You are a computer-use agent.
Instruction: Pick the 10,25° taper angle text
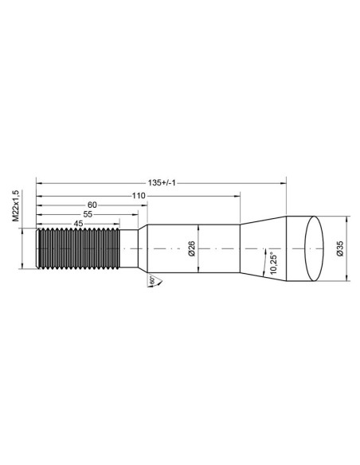274,260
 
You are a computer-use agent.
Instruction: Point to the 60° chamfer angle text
151,281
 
